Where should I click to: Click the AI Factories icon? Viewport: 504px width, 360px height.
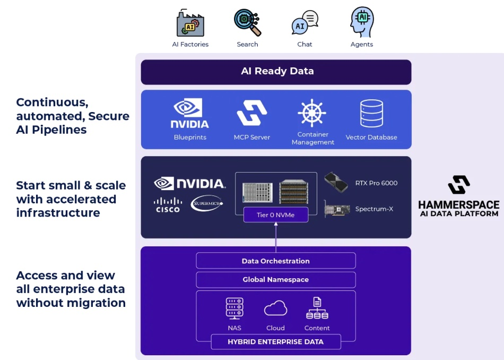[x=190, y=23]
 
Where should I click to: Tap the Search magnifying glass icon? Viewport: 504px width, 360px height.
[x=247, y=22]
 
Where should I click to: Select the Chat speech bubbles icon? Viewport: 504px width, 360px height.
[x=305, y=23]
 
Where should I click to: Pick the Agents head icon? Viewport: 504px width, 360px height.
[x=362, y=22]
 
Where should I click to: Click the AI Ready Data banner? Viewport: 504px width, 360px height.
[x=276, y=72]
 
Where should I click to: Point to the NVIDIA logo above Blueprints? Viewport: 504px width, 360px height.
[x=190, y=114]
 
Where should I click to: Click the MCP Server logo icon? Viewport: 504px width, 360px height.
[x=252, y=113]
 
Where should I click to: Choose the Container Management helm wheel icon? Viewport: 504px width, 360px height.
[x=312, y=113]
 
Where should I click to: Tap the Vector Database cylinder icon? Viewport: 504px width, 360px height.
[x=371, y=113]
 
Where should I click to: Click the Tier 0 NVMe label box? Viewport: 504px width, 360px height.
[x=276, y=215]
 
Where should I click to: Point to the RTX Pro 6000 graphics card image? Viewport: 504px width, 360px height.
[x=337, y=183]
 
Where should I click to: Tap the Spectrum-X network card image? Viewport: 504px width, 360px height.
[x=337, y=209]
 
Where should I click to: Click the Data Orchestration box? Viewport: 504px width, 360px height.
[x=276, y=261]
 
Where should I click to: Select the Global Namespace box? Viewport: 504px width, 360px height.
[x=276, y=279]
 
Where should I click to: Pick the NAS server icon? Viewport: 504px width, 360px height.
[x=234, y=308]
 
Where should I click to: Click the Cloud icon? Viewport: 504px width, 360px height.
[x=275, y=308]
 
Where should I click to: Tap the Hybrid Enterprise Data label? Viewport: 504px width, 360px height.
[x=276, y=341]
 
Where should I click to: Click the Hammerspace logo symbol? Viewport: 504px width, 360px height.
[x=458, y=185]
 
